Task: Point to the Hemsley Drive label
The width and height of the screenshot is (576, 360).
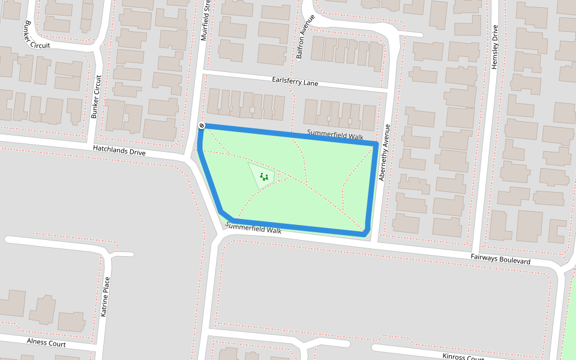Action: coord(495,47)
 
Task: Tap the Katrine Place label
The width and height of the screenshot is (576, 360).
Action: coord(106,296)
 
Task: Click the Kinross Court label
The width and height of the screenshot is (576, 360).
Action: coord(463,358)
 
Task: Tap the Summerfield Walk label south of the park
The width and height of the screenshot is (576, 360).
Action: coord(253,228)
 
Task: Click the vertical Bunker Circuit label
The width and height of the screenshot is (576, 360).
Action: coord(96,96)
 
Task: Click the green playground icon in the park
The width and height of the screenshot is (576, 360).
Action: coord(263,176)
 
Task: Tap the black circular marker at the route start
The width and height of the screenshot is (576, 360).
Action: coord(202,125)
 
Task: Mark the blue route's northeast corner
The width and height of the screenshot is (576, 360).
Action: coord(376,145)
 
